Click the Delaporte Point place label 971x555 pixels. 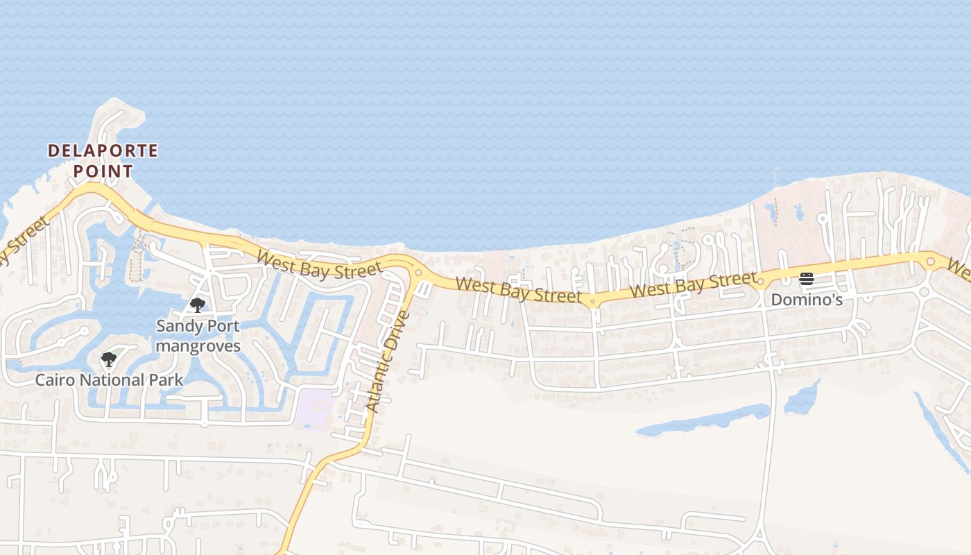click(103, 160)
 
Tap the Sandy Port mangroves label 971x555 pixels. click(198, 336)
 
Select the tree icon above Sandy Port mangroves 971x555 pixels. click(198, 305)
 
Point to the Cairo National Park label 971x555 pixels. click(110, 380)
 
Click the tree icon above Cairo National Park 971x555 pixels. click(109, 359)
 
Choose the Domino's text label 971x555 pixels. click(807, 300)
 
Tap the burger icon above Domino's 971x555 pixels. click(806, 280)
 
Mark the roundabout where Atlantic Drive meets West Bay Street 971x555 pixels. click(418, 273)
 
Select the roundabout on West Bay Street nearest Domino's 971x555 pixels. click(760, 282)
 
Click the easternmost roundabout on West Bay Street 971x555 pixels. click(930, 262)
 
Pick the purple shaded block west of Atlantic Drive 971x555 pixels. click(313, 408)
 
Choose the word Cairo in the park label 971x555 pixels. click(55, 380)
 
